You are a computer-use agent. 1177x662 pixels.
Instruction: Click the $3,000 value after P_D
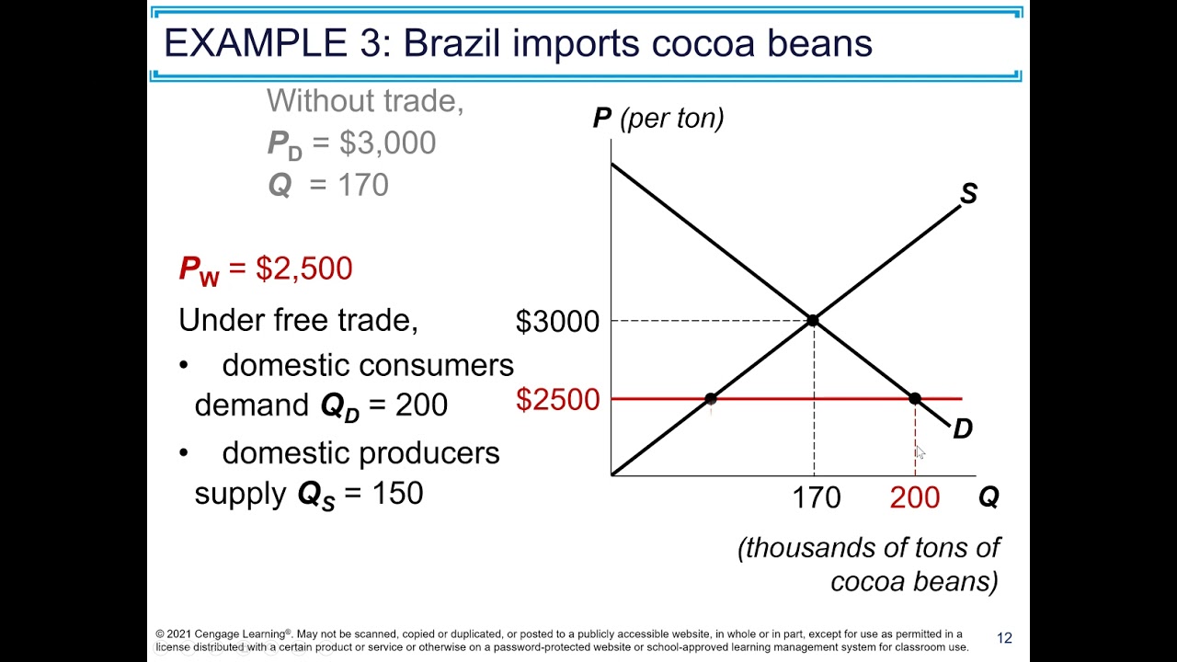click(387, 143)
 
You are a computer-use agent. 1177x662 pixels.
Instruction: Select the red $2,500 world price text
click(304, 268)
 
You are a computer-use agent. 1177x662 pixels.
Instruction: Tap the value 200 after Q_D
click(421, 405)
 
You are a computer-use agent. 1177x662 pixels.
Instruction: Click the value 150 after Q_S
click(397, 493)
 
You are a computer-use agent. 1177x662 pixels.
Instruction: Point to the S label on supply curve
click(968, 194)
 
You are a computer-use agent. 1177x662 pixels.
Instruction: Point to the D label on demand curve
click(962, 428)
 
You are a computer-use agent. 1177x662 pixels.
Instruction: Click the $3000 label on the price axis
click(557, 321)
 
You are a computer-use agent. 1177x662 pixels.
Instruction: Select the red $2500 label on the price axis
click(557, 399)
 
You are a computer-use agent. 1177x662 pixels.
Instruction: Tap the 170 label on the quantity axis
click(816, 497)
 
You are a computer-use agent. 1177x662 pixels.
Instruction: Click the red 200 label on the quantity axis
click(914, 497)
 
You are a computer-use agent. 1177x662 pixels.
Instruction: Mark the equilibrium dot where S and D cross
click(813, 320)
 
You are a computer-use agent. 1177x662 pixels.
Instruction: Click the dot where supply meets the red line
click(711, 398)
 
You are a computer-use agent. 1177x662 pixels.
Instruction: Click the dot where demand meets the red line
click(915, 398)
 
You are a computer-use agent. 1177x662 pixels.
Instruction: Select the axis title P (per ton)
click(658, 118)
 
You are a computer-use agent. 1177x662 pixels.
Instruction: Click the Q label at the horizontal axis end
click(988, 497)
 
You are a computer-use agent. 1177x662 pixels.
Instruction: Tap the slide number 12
click(1004, 638)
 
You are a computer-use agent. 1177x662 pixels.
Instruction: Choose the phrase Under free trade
click(298, 320)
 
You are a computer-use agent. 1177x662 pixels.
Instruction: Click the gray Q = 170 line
click(328, 185)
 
